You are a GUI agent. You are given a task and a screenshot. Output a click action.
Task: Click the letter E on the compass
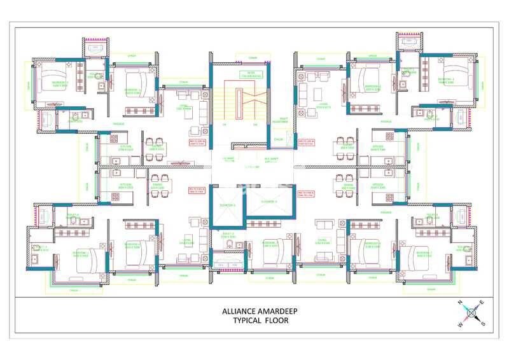click(481, 302)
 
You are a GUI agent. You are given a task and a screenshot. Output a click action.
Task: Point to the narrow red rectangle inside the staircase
click(239, 102)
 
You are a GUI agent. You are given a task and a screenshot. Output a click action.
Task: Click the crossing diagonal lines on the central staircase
click(252, 95)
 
